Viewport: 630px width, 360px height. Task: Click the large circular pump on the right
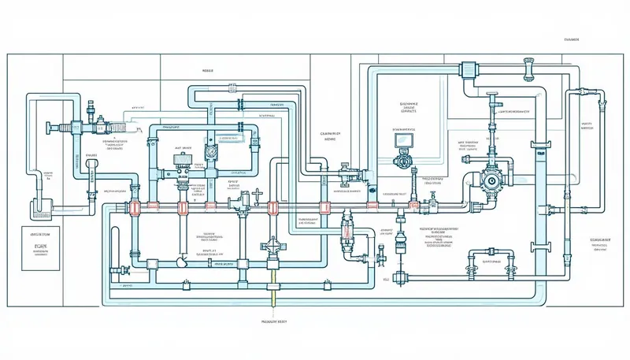click(x=492, y=181)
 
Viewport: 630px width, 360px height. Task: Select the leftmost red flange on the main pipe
click(x=131, y=208)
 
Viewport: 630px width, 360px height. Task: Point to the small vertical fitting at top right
click(x=603, y=100)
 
